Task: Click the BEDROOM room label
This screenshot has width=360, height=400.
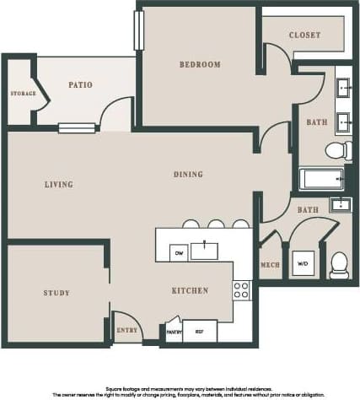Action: [x=200, y=65]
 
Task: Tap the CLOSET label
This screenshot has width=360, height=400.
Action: [x=304, y=35]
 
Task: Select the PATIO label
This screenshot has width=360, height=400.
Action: [x=81, y=84]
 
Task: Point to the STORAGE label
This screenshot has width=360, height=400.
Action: [x=23, y=93]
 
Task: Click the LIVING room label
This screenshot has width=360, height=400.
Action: [x=58, y=184]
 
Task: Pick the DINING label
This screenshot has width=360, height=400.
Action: [x=188, y=175]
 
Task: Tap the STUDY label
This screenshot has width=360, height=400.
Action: [x=56, y=293]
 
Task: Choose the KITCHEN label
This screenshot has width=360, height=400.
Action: [x=190, y=290]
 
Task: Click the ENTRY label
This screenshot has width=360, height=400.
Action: [x=126, y=330]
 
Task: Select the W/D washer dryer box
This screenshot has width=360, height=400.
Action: [x=304, y=262]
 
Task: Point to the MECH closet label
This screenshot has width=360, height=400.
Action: [x=270, y=265]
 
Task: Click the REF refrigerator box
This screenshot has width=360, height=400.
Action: [x=200, y=331]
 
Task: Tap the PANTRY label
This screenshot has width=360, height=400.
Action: [x=175, y=332]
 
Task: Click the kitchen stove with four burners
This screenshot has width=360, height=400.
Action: [x=241, y=290]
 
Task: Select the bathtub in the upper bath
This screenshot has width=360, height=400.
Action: [x=321, y=180]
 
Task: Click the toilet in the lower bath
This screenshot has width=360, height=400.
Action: [x=339, y=265]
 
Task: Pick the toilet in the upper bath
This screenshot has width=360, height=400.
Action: [x=337, y=151]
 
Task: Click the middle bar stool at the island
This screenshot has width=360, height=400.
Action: [x=216, y=224]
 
